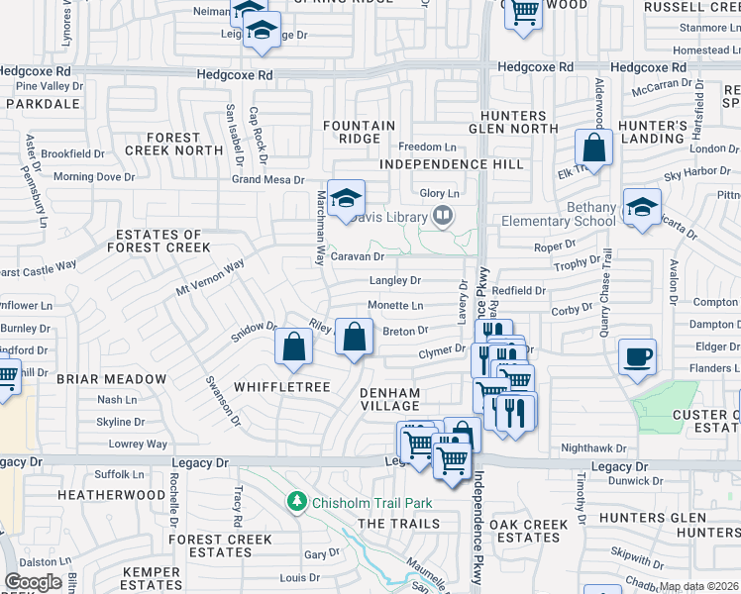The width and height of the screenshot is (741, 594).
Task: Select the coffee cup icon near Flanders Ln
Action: click(x=637, y=356)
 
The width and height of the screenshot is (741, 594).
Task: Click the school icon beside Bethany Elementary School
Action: click(x=642, y=207)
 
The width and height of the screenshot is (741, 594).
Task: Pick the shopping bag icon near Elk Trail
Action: click(x=593, y=149)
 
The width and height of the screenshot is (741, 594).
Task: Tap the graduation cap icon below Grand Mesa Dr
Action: click(x=347, y=198)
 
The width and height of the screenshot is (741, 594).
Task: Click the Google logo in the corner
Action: click(x=33, y=582)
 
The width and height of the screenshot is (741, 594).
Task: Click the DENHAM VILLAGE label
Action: click(x=389, y=399)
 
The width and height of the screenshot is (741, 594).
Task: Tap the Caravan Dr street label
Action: click(x=356, y=256)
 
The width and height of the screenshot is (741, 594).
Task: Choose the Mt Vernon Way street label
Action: click(x=209, y=278)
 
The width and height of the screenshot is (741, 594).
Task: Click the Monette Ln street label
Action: click(x=395, y=306)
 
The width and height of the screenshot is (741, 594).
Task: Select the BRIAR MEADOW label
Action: click(x=112, y=379)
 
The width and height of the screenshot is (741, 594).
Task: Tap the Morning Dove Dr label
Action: click(x=93, y=177)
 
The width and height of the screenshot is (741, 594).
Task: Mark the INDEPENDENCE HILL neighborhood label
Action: click(x=434, y=164)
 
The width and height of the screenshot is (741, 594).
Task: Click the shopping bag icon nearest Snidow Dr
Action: click(x=294, y=346)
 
